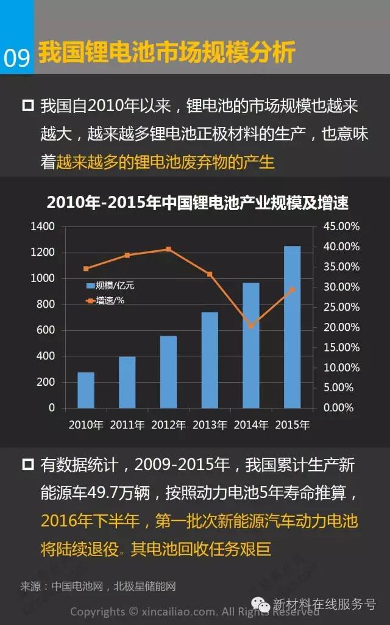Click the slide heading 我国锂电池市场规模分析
tap(166, 53)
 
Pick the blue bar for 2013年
tap(210, 359)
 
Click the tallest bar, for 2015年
tap(292, 327)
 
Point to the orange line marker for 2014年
tap(251, 326)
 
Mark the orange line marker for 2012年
tap(168, 249)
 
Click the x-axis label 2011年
tap(127, 425)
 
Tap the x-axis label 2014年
tap(251, 425)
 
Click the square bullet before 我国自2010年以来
tap(27, 106)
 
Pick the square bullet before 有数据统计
tap(27, 465)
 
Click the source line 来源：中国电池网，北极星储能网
tap(97, 587)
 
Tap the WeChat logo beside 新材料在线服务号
tap(263, 604)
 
